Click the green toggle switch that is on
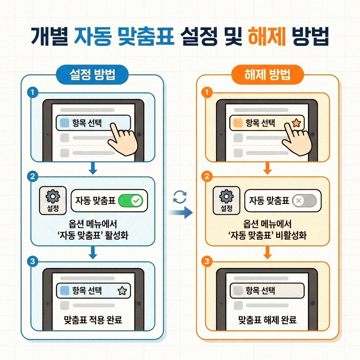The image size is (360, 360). click(130, 201)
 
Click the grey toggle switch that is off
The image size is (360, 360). click(304, 201)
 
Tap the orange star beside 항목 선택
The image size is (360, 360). click(296, 123)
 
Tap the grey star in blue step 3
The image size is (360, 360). click(122, 291)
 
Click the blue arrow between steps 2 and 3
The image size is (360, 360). click(93, 252)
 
